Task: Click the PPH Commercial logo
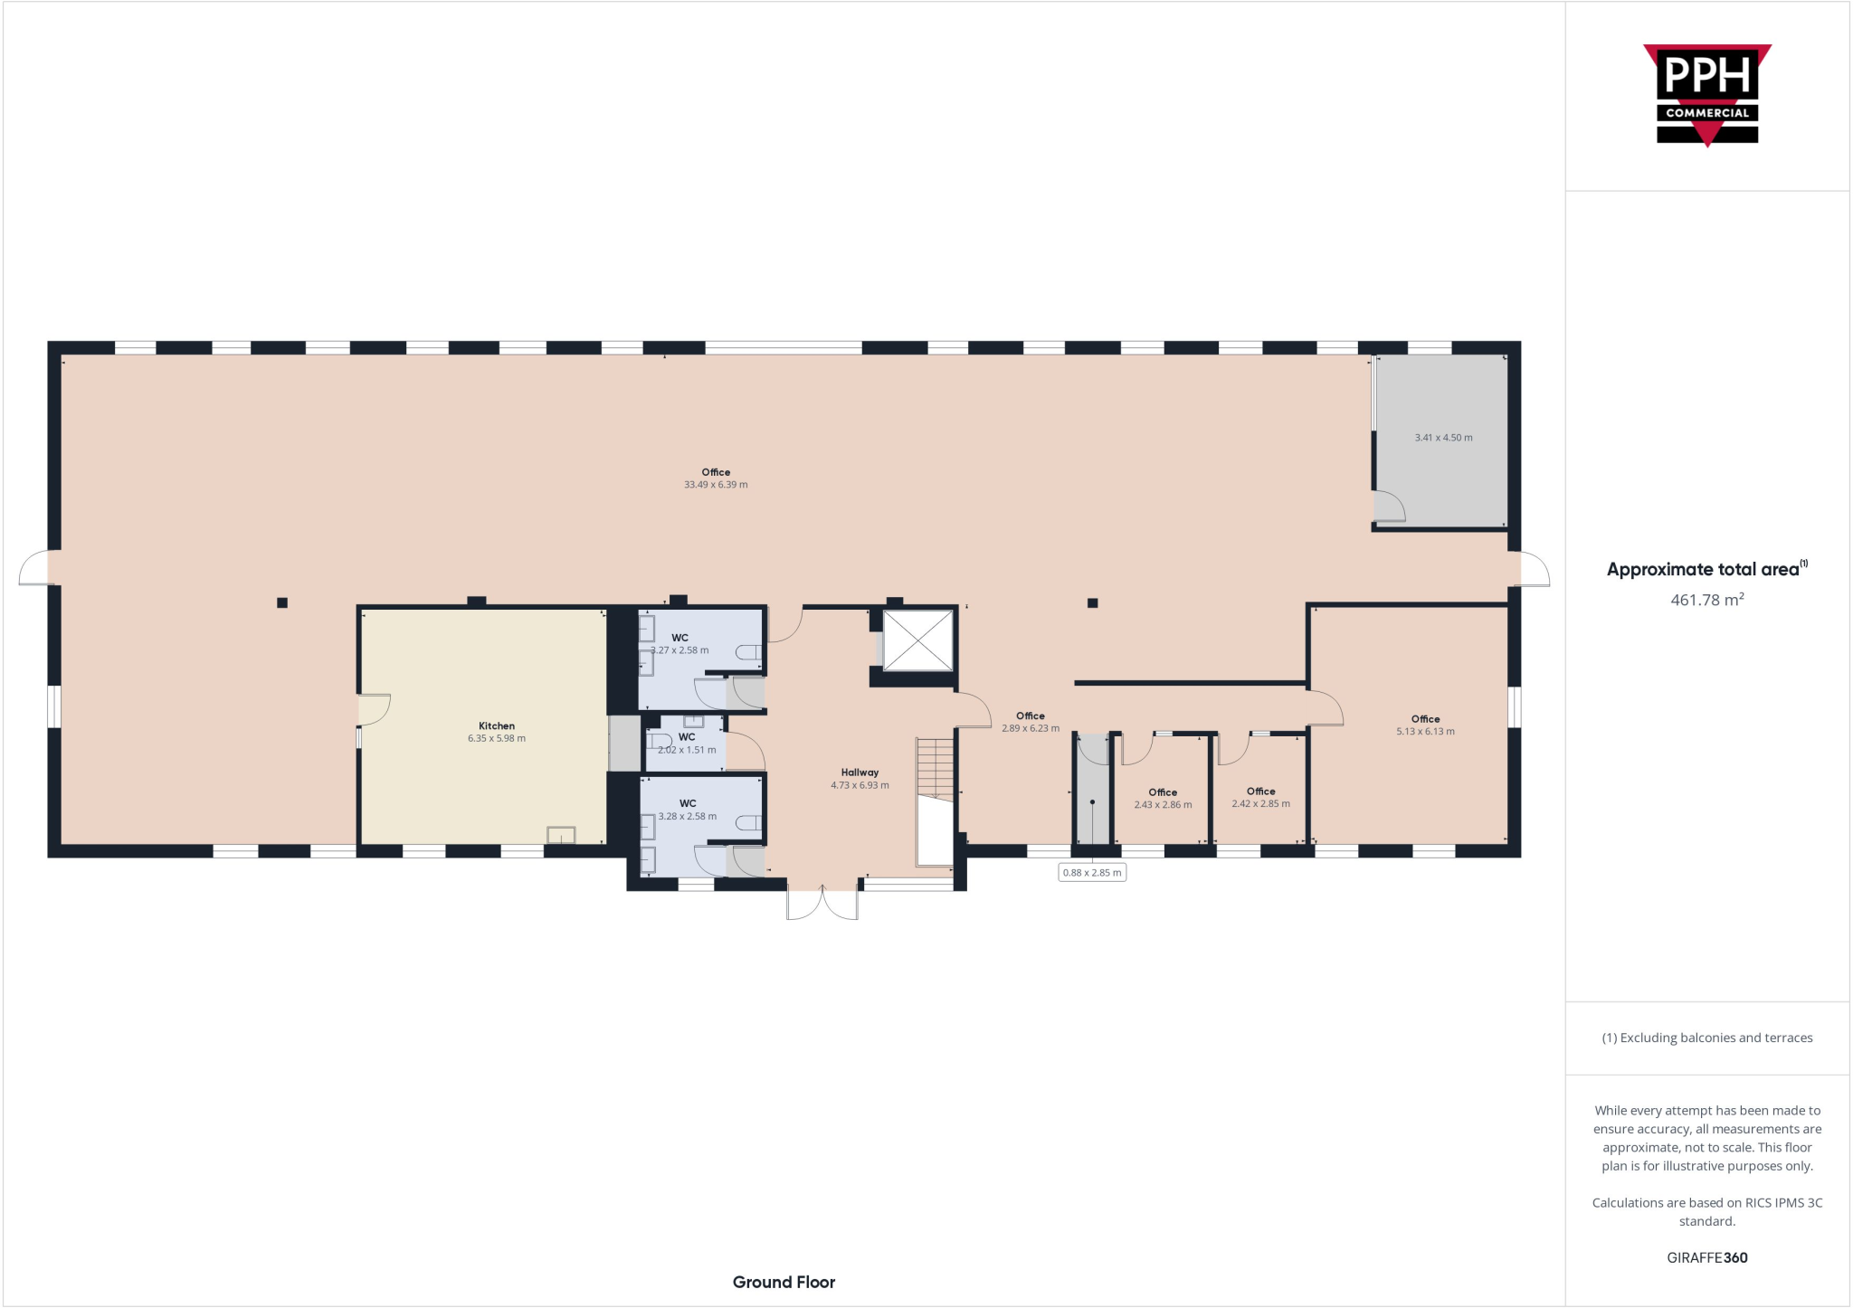[1706, 95]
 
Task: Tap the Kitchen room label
[496, 725]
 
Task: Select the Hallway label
[860, 772]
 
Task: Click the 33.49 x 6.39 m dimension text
[716, 485]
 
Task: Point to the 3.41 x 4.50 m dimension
[1443, 438]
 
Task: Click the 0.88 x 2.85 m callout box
[1092, 873]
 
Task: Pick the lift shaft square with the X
[917, 640]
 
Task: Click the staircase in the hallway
[935, 769]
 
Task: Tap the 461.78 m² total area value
[1706, 600]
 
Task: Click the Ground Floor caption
[784, 1282]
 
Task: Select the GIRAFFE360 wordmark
[1706, 1257]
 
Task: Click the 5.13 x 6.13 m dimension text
[1425, 732]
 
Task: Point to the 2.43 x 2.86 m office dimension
[1163, 805]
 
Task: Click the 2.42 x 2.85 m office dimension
[1260, 804]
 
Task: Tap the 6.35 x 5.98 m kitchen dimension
[496, 738]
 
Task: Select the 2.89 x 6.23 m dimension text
[1030, 728]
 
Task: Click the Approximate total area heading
[1705, 569]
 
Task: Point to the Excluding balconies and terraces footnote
[1706, 1038]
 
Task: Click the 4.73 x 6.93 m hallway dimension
[860, 785]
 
